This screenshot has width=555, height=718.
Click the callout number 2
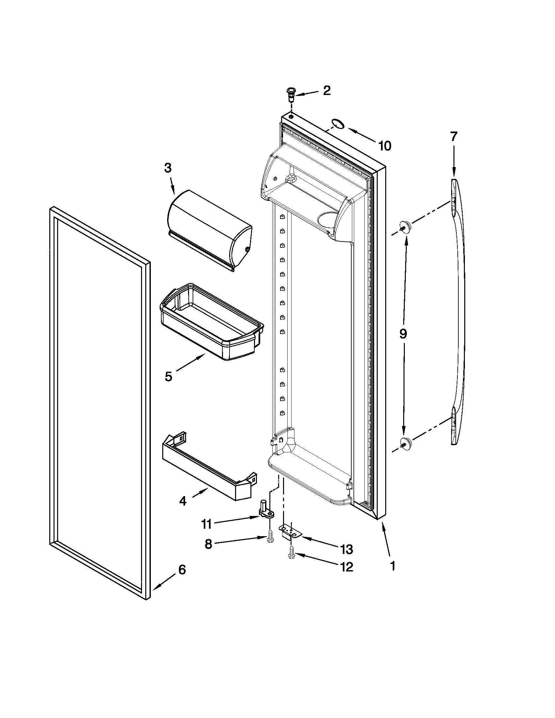pos(326,90)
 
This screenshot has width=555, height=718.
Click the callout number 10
pos(384,146)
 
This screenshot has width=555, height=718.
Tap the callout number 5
pos(168,376)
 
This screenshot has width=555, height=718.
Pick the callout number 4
pos(183,501)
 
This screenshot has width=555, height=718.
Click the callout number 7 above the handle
pos(454,136)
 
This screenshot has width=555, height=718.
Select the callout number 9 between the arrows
pos(403,334)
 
